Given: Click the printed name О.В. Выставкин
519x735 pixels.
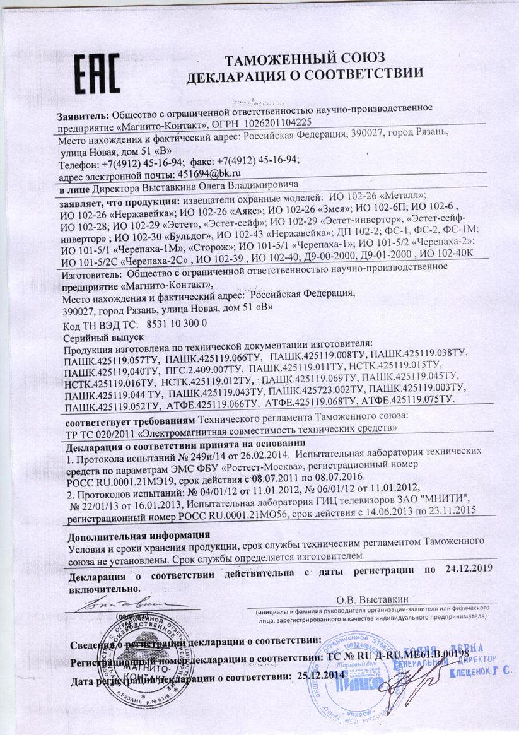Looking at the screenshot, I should [x=373, y=598].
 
